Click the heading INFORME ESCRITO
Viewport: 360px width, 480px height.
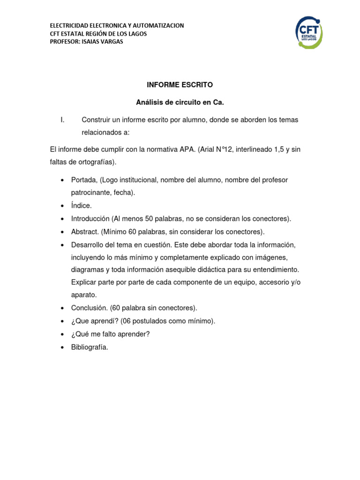tap(180, 85)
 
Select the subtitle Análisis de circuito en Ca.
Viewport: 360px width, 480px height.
tap(180, 102)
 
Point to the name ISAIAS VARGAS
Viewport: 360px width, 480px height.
tap(105, 42)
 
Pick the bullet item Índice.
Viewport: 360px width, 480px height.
tap(81, 206)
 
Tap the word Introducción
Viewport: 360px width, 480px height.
tap(90, 218)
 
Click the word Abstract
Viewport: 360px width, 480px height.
tap(84, 232)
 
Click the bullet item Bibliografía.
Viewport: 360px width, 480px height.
tap(90, 347)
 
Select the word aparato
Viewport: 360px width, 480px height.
tap(83, 295)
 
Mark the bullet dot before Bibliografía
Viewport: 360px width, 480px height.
tap(62, 348)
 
